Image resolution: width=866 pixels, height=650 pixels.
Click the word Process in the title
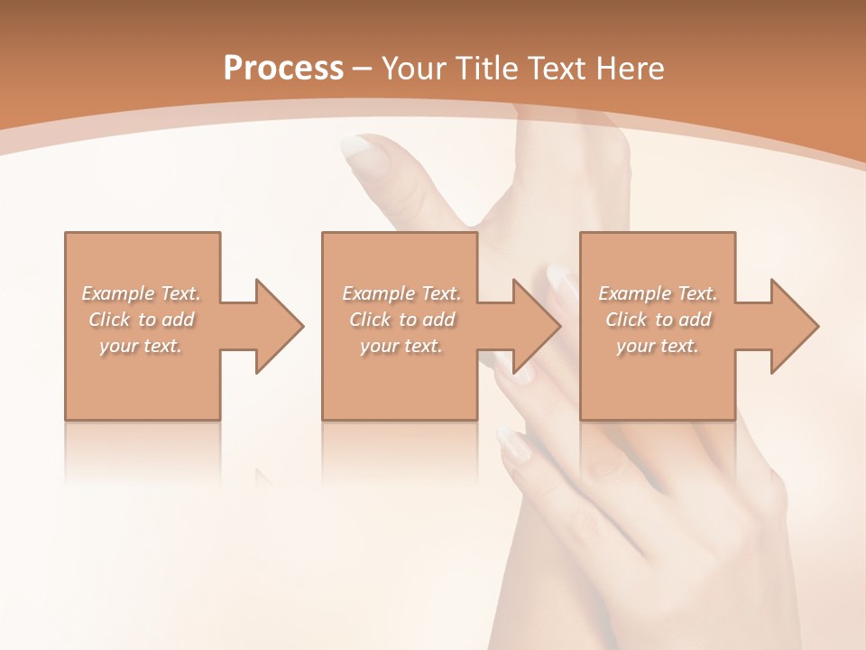click(283, 68)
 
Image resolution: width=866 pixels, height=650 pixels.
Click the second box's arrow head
click(536, 326)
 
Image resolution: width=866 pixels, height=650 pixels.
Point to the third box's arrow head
click(793, 326)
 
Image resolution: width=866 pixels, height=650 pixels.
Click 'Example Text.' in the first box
click(142, 293)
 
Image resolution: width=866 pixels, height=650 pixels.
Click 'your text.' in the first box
click(142, 346)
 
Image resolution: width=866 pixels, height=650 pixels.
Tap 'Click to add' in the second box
click(401, 320)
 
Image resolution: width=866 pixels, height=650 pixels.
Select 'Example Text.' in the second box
click(401, 293)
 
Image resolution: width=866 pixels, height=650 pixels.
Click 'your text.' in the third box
click(658, 346)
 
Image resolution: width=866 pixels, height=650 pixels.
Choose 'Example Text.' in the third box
click(658, 293)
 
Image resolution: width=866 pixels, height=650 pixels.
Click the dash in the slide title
click(363, 68)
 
